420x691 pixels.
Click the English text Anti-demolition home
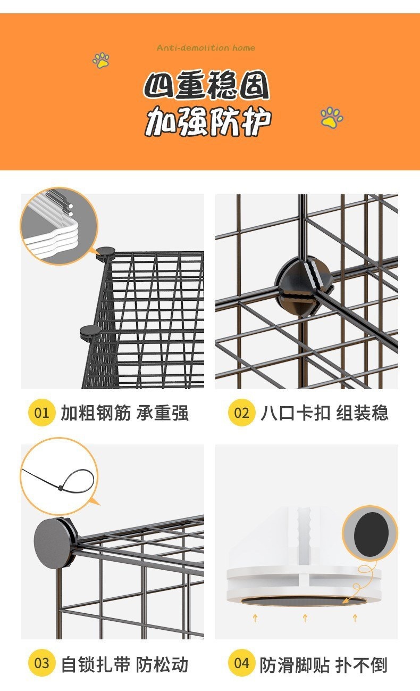(206, 48)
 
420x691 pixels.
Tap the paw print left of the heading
(101, 60)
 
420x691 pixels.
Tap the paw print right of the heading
(332, 117)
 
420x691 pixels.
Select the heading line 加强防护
(208, 121)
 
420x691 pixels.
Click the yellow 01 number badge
(41, 413)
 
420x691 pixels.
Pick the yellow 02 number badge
(241, 413)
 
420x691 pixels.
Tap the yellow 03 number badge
(41, 663)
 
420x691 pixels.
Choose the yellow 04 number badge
(241, 663)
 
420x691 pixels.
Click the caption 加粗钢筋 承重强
(124, 413)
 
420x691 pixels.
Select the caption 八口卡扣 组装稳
(324, 413)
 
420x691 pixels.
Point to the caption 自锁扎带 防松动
(124, 663)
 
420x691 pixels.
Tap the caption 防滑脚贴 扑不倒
(324, 664)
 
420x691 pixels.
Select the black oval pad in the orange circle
(371, 535)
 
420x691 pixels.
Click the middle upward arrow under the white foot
(305, 618)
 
